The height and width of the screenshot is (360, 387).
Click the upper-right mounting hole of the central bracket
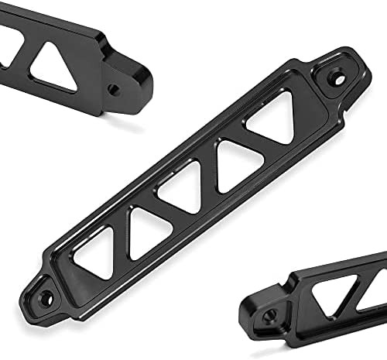pyautogui.click(x=337, y=77)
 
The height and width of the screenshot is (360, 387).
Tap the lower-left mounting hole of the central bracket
pyautogui.click(x=46, y=297)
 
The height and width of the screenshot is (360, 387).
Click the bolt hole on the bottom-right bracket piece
pyautogui.click(x=269, y=316)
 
